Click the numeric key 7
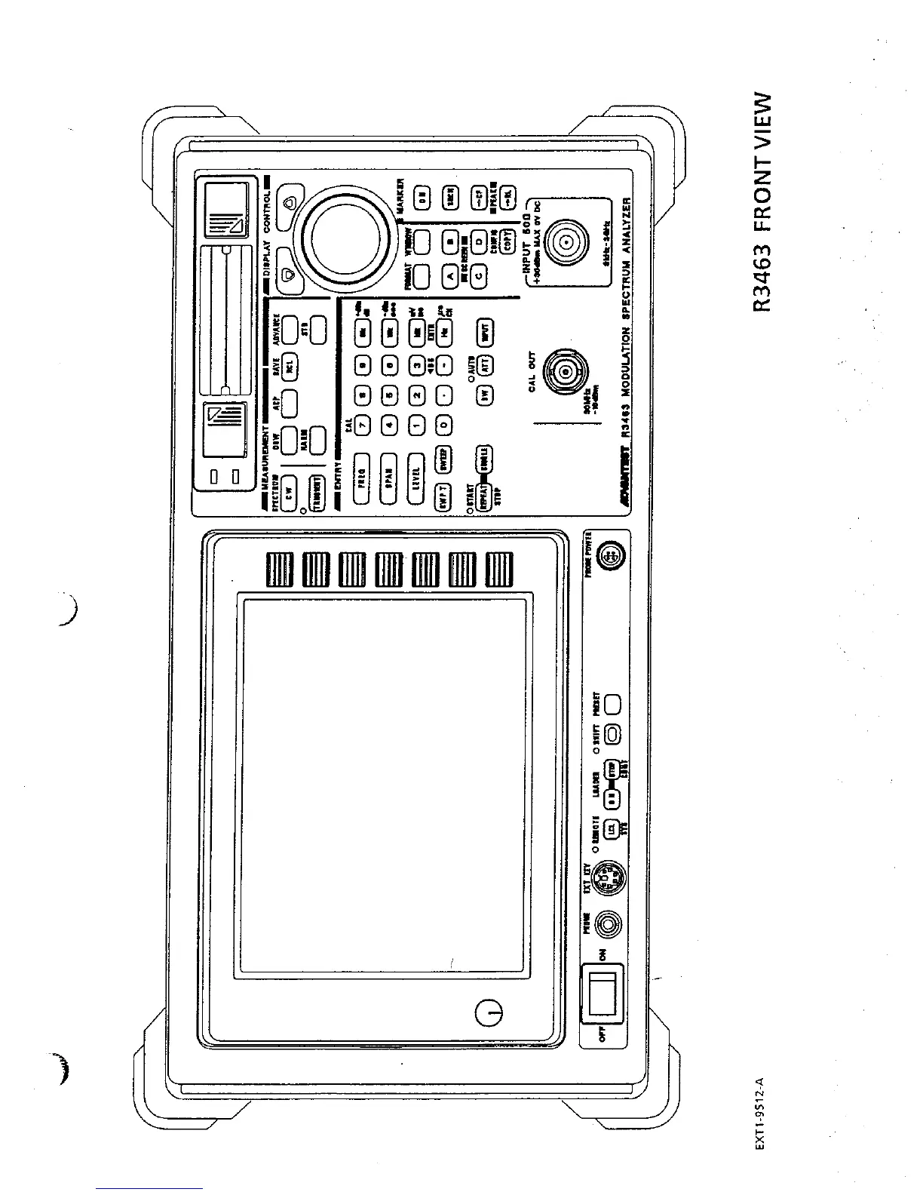pos(363,424)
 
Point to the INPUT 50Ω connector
pos(564,243)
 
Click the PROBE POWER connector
pos(608,559)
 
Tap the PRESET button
pos(612,704)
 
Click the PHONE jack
pos(608,922)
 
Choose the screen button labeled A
pos(450,277)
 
